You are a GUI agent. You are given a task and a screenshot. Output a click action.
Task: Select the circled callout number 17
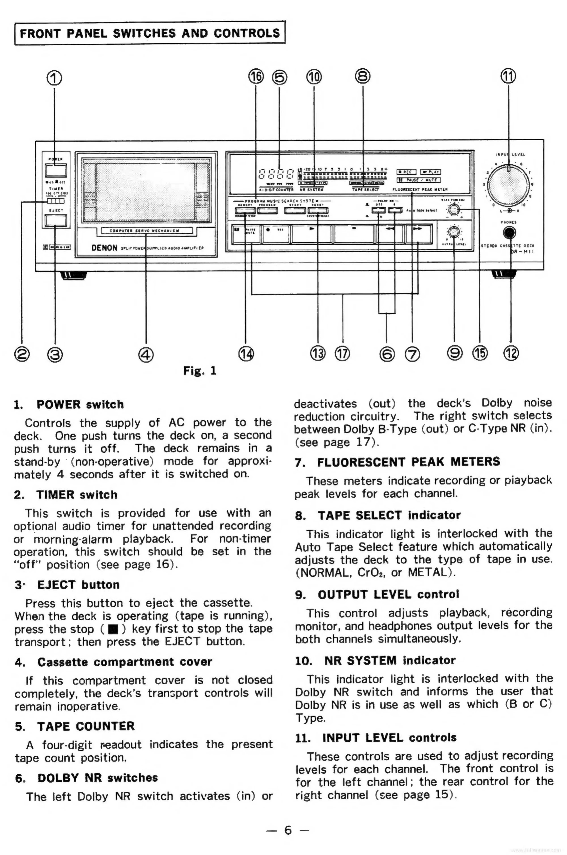click(342, 353)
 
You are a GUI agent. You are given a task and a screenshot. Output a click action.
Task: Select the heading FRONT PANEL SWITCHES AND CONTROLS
click(150, 33)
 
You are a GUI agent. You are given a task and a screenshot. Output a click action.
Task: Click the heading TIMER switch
click(77, 495)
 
